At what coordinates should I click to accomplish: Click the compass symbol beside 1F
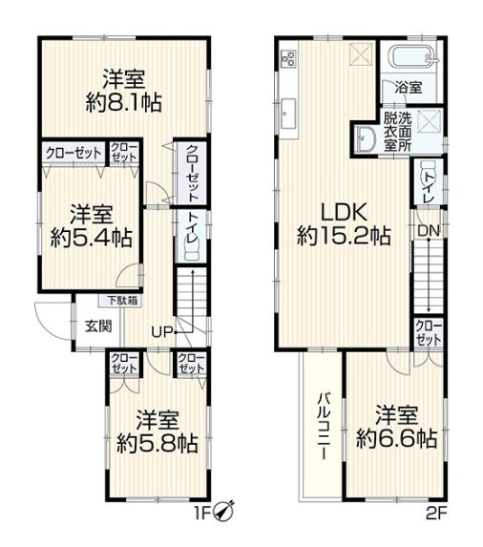click(224, 511)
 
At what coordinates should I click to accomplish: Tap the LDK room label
click(344, 212)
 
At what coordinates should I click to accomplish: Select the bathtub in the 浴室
click(412, 57)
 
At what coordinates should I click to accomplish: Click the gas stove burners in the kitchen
click(289, 58)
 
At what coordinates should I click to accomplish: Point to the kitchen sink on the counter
click(289, 113)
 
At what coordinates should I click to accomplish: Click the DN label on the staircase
click(429, 230)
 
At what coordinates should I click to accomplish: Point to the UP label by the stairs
click(162, 332)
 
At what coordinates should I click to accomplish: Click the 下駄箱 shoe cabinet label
click(121, 301)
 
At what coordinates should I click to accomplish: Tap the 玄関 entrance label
click(98, 326)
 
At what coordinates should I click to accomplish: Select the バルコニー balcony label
click(324, 426)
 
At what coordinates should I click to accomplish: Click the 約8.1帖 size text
click(124, 102)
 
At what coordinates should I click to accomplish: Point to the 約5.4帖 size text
click(91, 238)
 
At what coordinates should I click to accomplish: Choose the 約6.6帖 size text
click(396, 438)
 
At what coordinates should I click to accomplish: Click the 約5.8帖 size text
click(157, 443)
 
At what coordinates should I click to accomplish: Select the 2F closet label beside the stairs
click(429, 333)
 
